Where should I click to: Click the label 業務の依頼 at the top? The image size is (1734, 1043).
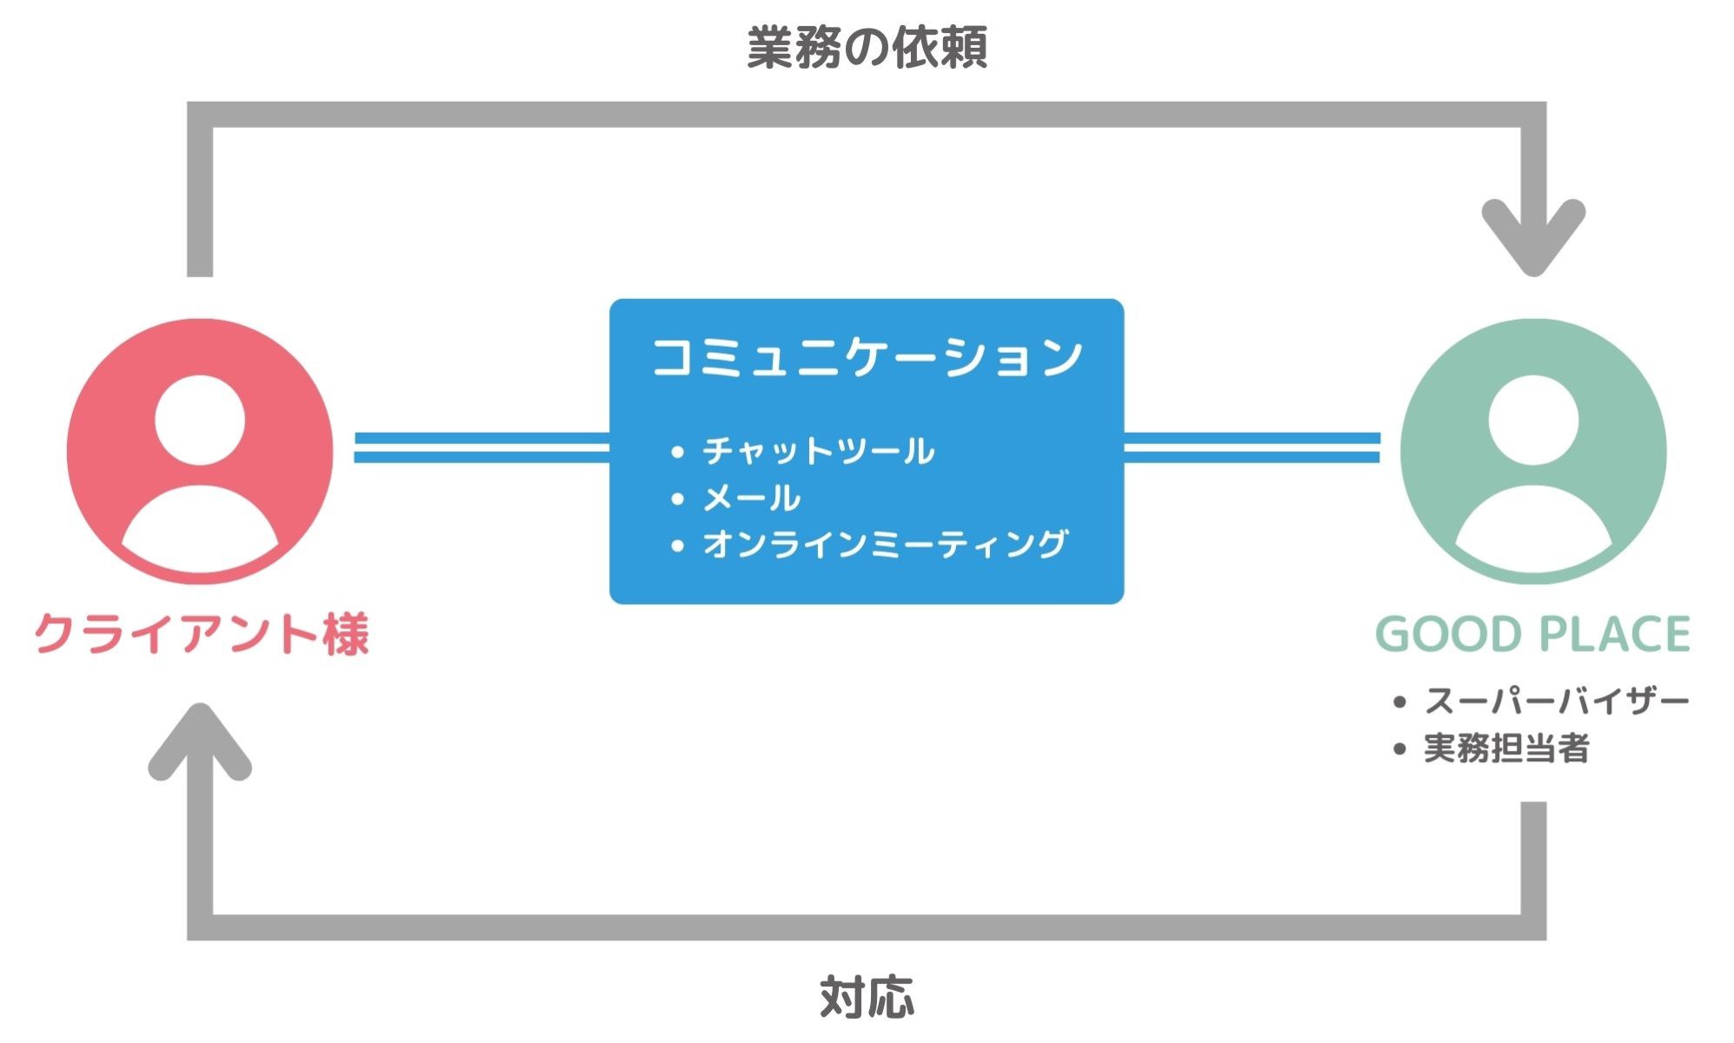pyautogui.click(x=867, y=48)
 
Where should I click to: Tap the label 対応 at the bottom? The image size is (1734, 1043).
pyautogui.click(x=867, y=997)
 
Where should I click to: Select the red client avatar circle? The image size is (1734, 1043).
pyautogui.click(x=200, y=451)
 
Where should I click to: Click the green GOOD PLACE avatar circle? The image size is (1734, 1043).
pyautogui.click(x=1533, y=451)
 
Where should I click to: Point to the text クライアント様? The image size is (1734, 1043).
pyautogui.click(x=202, y=633)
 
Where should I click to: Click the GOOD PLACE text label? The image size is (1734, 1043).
pyautogui.click(x=1532, y=634)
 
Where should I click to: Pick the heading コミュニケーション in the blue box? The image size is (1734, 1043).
pyautogui.click(x=867, y=357)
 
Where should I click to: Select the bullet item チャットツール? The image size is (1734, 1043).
pyautogui.click(x=818, y=451)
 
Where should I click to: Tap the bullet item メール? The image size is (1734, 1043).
pyautogui.click(x=751, y=498)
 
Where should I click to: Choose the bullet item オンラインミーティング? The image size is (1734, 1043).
pyautogui.click(x=885, y=544)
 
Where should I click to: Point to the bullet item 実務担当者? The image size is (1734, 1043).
pyautogui.click(x=1506, y=748)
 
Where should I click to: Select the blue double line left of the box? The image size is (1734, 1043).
pyautogui.click(x=482, y=448)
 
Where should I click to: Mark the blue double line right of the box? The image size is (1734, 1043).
pyautogui.click(x=1252, y=448)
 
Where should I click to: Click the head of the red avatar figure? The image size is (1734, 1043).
pyautogui.click(x=200, y=421)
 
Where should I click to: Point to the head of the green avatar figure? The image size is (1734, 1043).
pyautogui.click(x=1533, y=421)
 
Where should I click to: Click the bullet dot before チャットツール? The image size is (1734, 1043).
pyautogui.click(x=678, y=452)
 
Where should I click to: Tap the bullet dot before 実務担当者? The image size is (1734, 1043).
pyautogui.click(x=1399, y=749)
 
